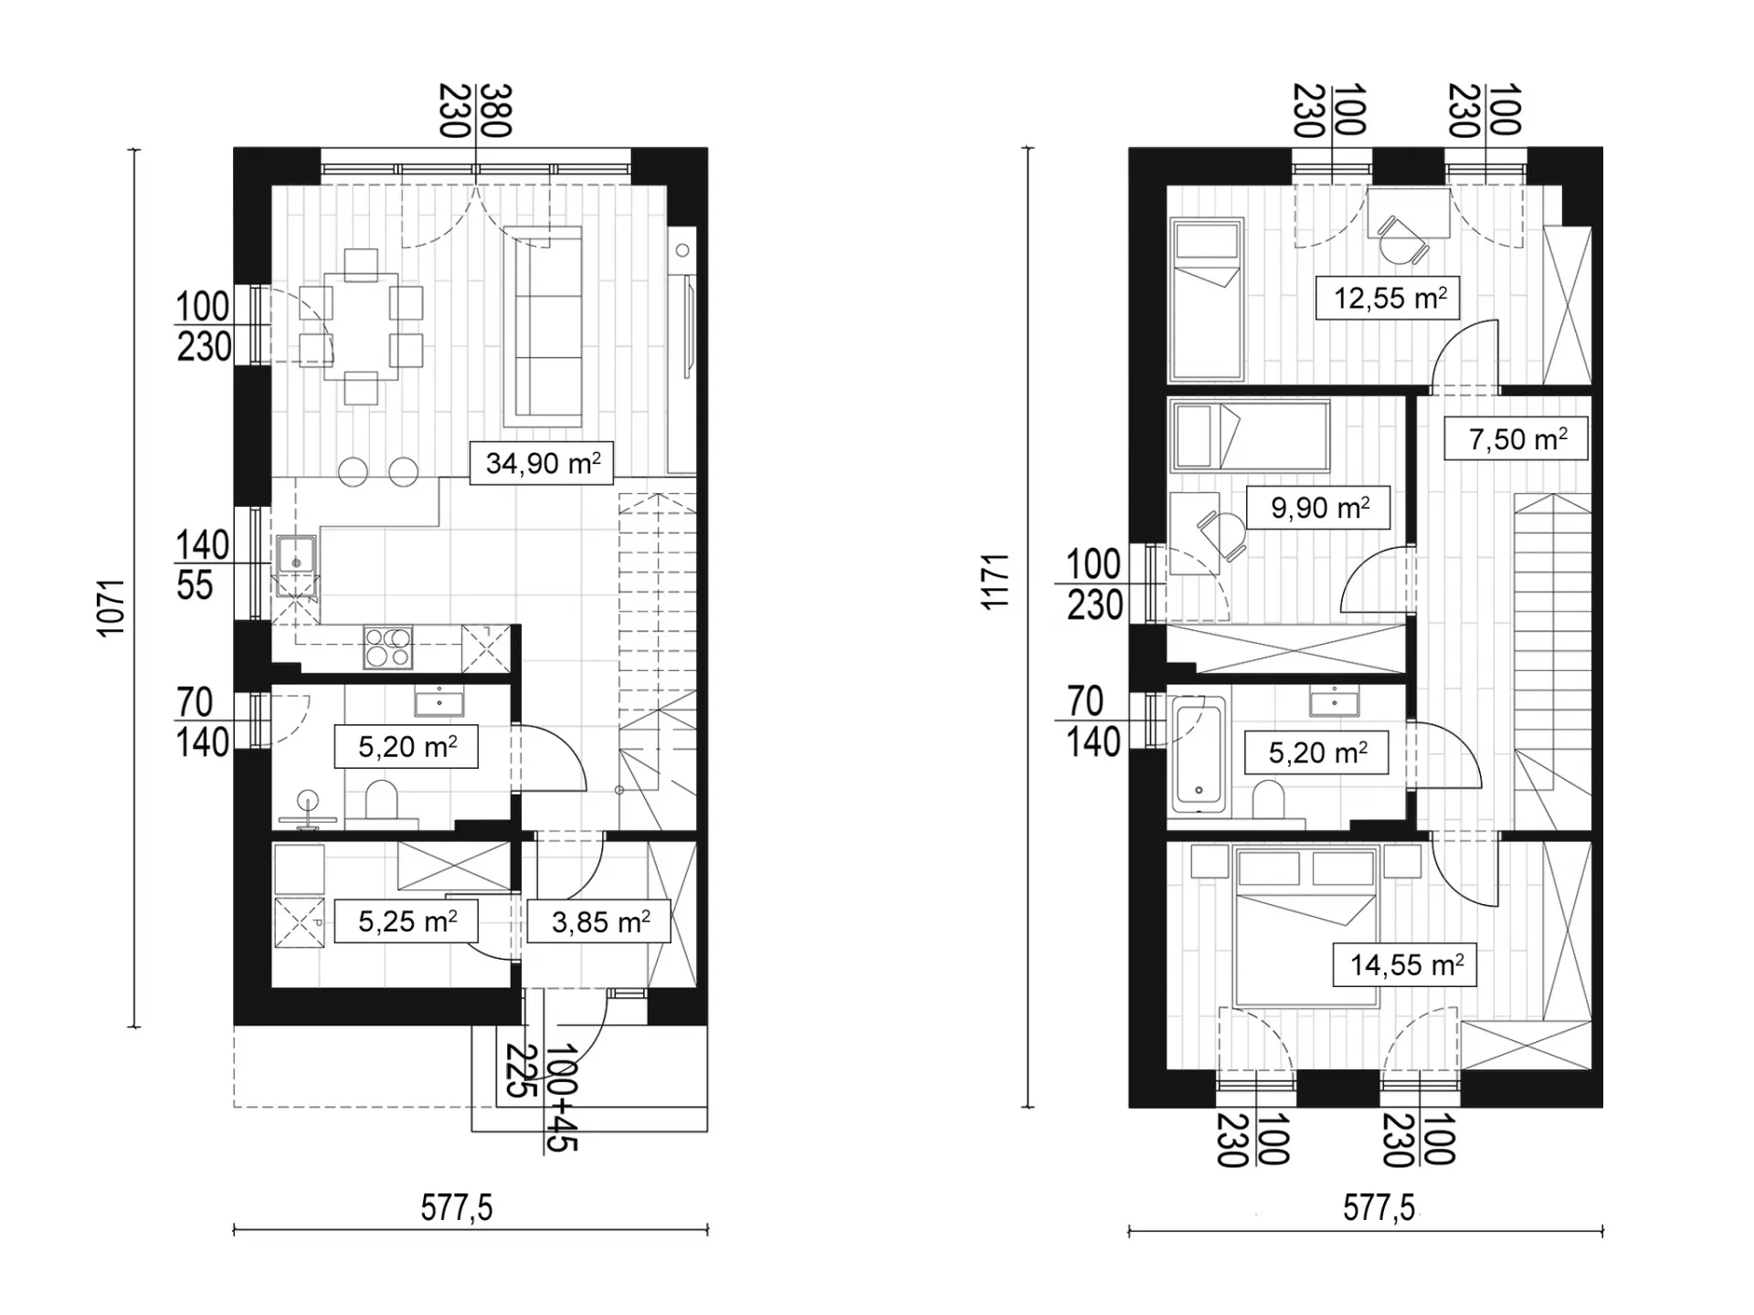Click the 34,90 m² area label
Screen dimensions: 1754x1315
(x=543, y=463)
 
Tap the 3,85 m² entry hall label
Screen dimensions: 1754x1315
(x=600, y=921)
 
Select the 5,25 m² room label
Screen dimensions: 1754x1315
(x=407, y=920)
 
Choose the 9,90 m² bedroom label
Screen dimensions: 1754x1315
(x=1319, y=508)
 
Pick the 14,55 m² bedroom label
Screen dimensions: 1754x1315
(x=1406, y=965)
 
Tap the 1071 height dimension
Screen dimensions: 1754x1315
(x=111, y=606)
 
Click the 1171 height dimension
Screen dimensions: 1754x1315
(x=995, y=582)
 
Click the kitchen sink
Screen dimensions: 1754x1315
(x=297, y=555)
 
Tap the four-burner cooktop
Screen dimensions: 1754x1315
(x=388, y=647)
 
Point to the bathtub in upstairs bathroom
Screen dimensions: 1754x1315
(x=1198, y=755)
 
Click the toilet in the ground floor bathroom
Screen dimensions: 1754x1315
(x=382, y=801)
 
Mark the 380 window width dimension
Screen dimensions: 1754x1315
(x=495, y=110)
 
